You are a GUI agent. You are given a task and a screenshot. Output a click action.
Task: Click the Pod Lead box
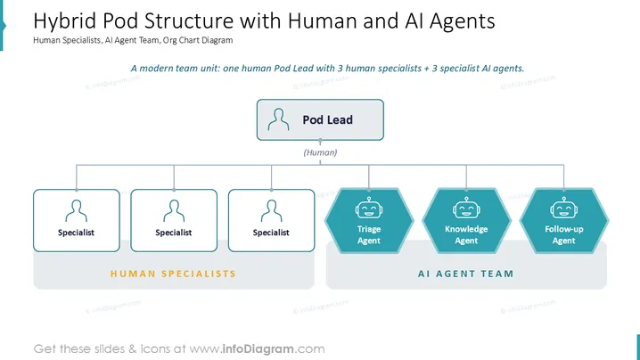tap(320, 119)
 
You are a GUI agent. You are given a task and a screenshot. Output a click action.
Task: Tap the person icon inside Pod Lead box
tap(278, 119)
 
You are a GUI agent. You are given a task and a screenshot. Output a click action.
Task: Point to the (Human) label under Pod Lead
tap(320, 152)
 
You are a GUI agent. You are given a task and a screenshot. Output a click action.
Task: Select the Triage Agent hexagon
tap(369, 221)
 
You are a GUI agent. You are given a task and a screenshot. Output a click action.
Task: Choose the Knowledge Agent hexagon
tap(466, 221)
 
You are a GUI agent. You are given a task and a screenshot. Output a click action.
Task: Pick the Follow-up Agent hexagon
tap(564, 221)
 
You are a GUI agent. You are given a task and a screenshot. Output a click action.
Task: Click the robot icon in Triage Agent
tap(369, 208)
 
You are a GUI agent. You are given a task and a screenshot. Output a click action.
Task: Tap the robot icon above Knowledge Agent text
tap(466, 208)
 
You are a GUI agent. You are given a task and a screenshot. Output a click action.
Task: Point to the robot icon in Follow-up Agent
tap(564, 208)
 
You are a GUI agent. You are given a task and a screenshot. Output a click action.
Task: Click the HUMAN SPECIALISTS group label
tap(174, 274)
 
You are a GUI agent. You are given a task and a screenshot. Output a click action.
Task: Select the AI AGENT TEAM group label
tap(465, 274)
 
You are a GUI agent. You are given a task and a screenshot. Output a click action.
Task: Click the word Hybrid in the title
tap(65, 21)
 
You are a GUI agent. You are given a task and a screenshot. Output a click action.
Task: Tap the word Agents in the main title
tap(462, 21)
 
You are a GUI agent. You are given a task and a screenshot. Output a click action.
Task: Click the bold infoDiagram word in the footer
tap(258, 349)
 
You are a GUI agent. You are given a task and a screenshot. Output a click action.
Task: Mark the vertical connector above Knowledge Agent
tap(466, 176)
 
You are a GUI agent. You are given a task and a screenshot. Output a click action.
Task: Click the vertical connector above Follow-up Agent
tap(564, 176)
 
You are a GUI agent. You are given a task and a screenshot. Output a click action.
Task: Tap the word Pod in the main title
tap(121, 20)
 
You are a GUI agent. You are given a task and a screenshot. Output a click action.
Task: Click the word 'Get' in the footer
tap(45, 349)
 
